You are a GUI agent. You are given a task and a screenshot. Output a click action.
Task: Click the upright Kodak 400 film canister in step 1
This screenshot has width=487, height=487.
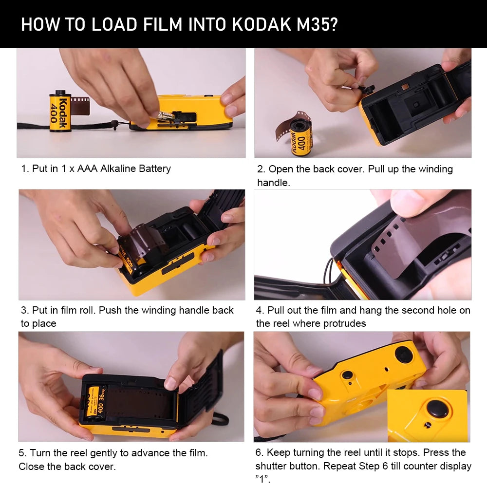click(x=60, y=112)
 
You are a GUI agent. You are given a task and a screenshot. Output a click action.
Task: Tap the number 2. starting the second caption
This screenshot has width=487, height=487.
click(x=261, y=169)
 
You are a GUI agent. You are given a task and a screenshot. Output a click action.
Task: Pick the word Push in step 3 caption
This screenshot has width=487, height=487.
click(x=111, y=310)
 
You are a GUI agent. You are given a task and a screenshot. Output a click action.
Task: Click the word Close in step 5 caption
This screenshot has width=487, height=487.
click(x=32, y=467)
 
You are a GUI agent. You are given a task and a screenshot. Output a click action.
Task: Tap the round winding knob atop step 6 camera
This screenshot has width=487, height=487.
click(x=405, y=354)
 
